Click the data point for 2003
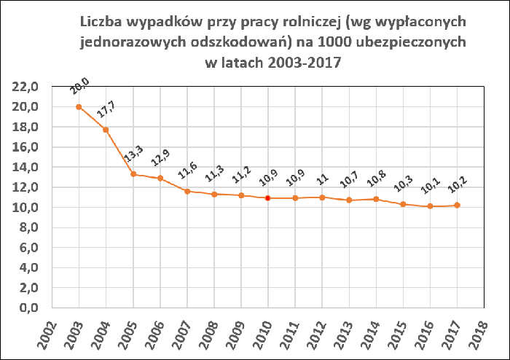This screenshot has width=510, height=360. tap(79, 107)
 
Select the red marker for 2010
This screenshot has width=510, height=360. tap(268, 198)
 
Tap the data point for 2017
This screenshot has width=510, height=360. tap(457, 206)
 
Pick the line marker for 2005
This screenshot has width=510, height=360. tap(133, 174)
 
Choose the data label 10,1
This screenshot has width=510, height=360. tap(430, 189)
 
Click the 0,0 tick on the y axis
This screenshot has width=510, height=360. tap(28, 308)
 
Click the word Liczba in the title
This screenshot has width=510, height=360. tap(106, 23)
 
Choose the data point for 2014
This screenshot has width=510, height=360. tap(376, 199)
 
